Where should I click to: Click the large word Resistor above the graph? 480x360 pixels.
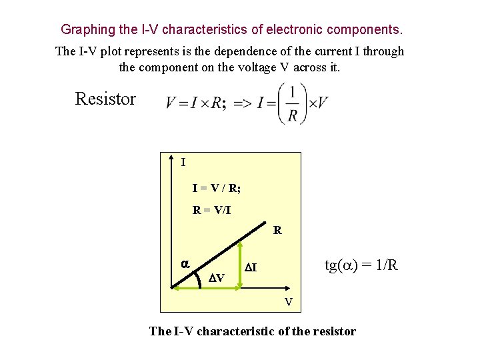105,99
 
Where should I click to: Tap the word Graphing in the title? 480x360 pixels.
87,30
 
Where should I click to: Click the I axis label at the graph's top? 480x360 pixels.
183,162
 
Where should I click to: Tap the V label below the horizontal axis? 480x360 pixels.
289,302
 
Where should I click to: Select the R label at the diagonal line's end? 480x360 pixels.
277,231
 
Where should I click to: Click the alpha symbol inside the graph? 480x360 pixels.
186,264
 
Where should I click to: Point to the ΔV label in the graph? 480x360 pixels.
216,277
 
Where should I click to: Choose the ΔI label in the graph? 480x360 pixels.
251,268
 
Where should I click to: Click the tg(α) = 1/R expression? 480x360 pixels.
361,265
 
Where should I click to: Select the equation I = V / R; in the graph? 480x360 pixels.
217,189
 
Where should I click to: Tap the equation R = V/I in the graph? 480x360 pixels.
211,210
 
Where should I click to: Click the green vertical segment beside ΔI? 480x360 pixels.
241,265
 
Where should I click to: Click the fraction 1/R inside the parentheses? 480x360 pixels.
292,103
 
